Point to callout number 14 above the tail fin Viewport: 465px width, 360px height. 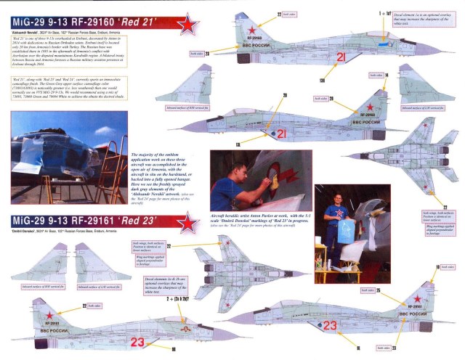pos(387,75)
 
